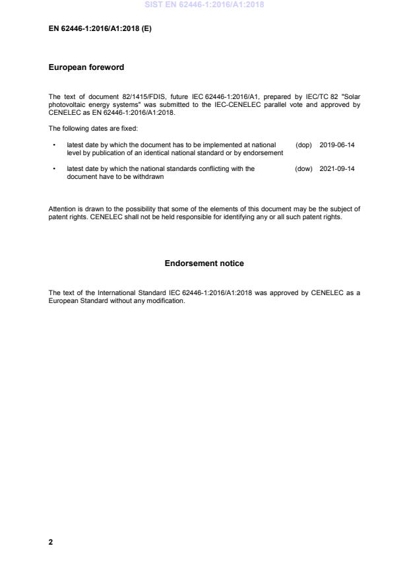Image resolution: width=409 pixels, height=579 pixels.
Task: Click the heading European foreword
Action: click(x=86, y=68)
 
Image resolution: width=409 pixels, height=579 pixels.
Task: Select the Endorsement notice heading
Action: click(x=204, y=263)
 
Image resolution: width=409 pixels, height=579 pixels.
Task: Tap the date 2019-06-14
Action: click(x=336, y=145)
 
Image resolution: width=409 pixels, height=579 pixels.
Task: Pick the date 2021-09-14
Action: click(x=336, y=169)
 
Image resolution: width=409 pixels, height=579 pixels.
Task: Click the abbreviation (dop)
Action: click(x=303, y=145)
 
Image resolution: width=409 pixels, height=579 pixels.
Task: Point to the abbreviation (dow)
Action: click(x=303, y=169)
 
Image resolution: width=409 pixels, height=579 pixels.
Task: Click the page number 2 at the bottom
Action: click(x=51, y=542)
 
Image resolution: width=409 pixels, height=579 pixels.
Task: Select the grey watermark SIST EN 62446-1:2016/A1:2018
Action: click(x=204, y=5)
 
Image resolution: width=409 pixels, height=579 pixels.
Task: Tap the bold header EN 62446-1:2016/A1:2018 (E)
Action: click(x=100, y=29)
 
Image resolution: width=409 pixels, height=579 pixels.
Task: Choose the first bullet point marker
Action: click(x=53, y=145)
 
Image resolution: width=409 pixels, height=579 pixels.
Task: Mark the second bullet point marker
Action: click(x=53, y=169)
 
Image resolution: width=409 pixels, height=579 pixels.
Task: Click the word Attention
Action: click(x=63, y=209)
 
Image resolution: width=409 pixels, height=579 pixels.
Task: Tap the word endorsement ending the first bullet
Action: click(x=263, y=153)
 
